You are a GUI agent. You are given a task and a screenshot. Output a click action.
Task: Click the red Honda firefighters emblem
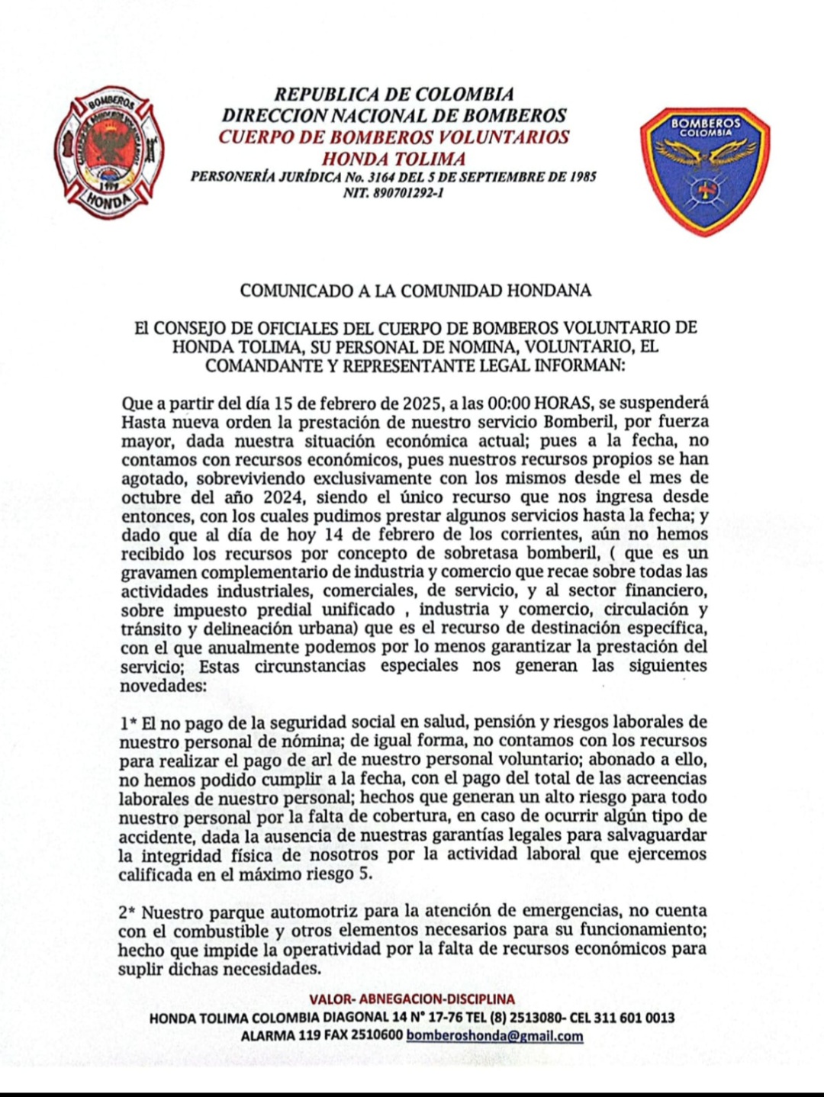pos(109,152)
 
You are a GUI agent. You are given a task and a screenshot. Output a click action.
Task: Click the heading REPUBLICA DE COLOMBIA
pos(394,95)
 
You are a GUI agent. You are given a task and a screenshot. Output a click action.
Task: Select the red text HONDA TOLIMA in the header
pos(394,159)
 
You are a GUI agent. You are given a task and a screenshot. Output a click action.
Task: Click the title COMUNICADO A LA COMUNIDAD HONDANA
pos(416,291)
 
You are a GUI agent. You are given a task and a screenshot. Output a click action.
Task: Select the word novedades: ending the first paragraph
pos(163,685)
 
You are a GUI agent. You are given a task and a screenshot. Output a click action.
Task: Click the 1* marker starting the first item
pos(127,722)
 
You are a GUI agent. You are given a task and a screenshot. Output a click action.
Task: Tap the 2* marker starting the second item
pos(127,912)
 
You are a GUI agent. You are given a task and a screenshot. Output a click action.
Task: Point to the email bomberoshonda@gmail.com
pos(495,1036)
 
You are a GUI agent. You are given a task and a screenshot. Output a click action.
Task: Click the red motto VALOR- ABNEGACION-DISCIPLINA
pos(412,999)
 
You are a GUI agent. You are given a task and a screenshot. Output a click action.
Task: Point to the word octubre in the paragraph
pos(149,497)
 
